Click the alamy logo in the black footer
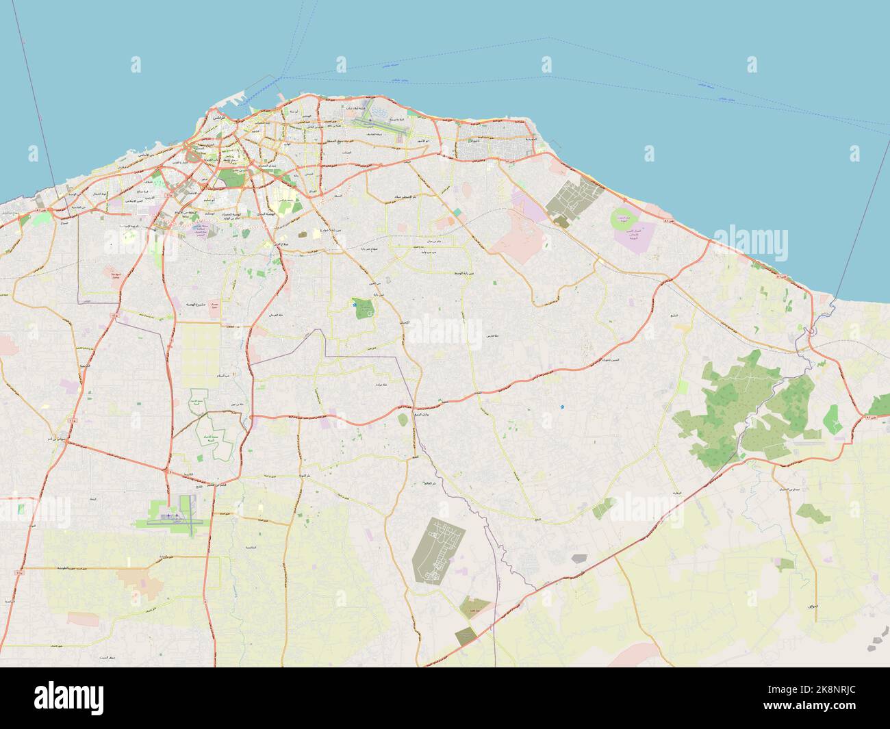point(69,698)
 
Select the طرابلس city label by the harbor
point(215,118)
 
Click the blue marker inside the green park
point(355,306)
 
